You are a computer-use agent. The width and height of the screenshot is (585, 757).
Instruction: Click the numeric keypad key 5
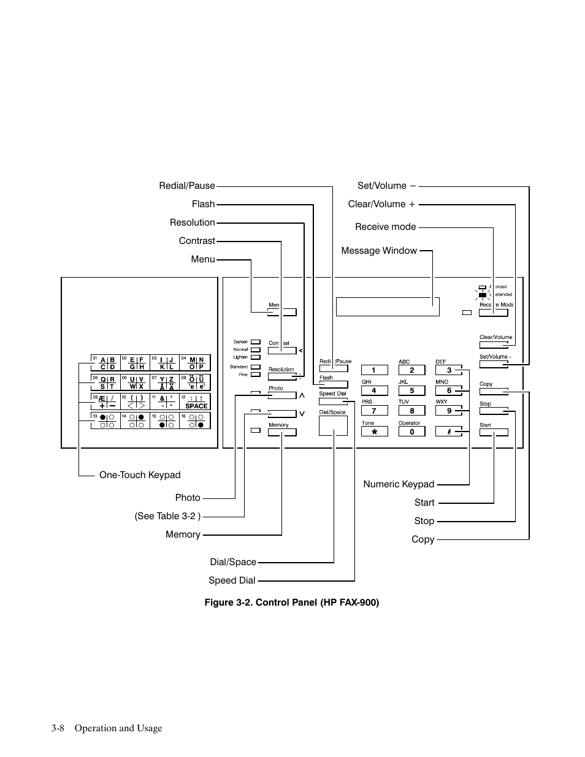click(412, 390)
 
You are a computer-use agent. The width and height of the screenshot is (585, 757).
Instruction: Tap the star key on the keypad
click(374, 432)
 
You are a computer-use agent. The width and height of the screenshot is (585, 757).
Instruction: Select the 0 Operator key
click(412, 432)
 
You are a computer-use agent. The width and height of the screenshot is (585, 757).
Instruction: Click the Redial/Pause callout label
click(187, 186)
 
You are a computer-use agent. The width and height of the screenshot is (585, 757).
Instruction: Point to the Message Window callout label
click(379, 251)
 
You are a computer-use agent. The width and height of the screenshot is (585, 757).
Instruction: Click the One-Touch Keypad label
click(140, 475)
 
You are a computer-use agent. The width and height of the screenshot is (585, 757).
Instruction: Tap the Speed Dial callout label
click(232, 580)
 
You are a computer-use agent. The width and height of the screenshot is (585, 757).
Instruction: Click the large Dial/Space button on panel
click(333, 425)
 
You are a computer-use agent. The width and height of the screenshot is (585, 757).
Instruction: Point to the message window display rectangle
click(388, 306)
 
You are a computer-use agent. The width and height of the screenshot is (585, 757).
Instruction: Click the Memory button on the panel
click(282, 432)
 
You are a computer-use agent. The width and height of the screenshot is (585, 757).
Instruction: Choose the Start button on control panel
click(494, 432)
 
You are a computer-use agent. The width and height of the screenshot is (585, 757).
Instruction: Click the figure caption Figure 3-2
click(292, 603)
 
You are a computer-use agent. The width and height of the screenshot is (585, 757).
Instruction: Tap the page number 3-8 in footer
click(59, 728)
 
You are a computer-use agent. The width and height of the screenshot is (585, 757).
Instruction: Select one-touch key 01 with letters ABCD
click(105, 363)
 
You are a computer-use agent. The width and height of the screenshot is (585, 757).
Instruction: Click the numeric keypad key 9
click(449, 411)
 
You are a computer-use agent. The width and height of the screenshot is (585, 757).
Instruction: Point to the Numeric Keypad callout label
click(399, 484)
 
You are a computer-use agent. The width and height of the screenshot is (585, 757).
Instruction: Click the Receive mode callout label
click(385, 227)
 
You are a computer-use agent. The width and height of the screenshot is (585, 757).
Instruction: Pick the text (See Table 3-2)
click(167, 516)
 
